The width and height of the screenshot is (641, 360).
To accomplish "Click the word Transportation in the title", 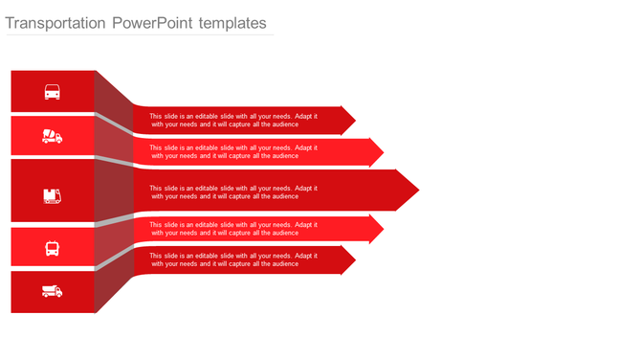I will [55, 22].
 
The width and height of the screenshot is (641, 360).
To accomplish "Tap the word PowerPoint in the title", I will [153, 22].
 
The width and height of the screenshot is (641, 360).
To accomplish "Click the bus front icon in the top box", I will [53, 92].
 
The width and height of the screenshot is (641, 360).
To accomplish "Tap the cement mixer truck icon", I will [53, 136].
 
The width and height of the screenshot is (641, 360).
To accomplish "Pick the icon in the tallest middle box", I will [53, 195].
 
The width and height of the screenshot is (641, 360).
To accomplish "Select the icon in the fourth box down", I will [53, 248].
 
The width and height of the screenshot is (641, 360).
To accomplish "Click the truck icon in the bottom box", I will [53, 291].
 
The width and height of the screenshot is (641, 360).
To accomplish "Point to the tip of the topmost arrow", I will [354, 121].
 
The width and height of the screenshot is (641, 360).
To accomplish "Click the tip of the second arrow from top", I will [382, 152].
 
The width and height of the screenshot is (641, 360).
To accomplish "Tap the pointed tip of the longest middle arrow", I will [417, 191].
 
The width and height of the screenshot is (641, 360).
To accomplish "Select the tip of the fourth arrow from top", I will [382, 229].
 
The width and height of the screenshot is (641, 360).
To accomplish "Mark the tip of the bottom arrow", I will [354, 259].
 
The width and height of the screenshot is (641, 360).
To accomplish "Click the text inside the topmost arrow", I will [234, 121].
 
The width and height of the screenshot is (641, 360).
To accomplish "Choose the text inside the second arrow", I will [234, 152].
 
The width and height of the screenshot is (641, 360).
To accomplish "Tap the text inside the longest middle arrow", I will [234, 191].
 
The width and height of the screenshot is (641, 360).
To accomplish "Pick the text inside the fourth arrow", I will [234, 229].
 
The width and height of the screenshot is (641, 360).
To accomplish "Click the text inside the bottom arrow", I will [234, 259].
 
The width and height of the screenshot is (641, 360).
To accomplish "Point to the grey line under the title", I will [140, 35].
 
